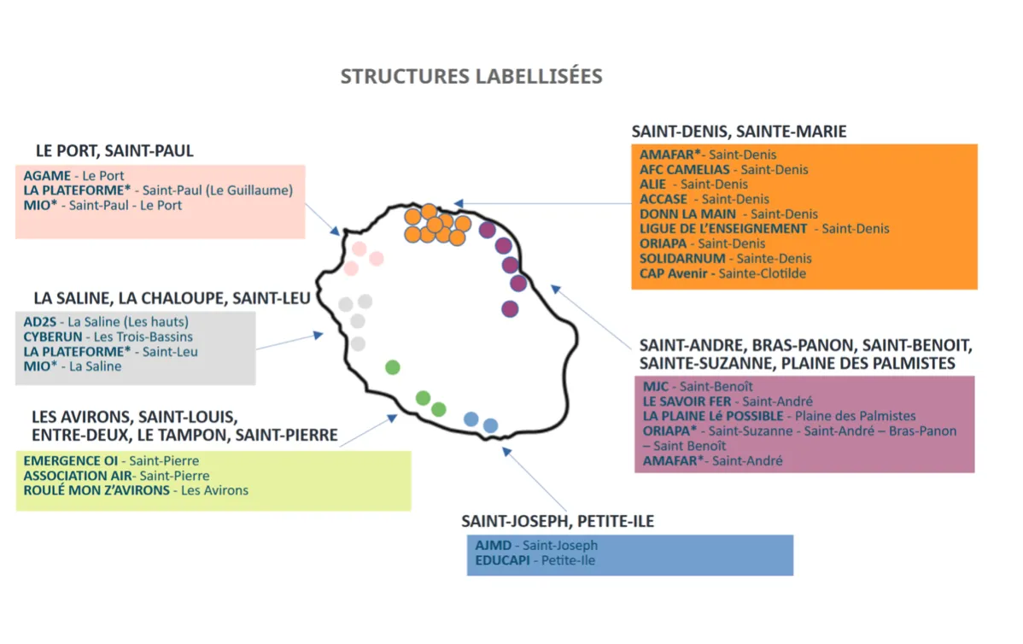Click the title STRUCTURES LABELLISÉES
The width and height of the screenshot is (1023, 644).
click(471, 76)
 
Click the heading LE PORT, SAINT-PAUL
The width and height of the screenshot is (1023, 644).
click(114, 151)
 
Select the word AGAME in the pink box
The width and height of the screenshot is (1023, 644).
click(46, 176)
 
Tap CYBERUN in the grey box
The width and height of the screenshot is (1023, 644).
click(52, 337)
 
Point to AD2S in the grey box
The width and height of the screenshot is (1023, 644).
click(41, 322)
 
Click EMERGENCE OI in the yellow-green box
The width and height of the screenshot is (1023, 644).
click(71, 461)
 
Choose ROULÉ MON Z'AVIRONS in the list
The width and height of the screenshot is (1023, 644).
click(96, 490)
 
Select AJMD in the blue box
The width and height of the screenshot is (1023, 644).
click(494, 546)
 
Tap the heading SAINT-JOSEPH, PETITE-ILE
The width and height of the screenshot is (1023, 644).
click(558, 521)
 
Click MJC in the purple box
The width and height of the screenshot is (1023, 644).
click(656, 387)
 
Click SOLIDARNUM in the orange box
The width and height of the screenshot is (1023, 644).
click(683, 259)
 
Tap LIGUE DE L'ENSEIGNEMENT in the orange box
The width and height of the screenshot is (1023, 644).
click(723, 229)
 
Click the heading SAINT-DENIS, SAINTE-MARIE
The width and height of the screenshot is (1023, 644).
click(739, 132)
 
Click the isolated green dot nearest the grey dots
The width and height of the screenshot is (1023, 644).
click(393, 367)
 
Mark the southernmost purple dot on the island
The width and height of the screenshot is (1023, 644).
click(510, 309)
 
